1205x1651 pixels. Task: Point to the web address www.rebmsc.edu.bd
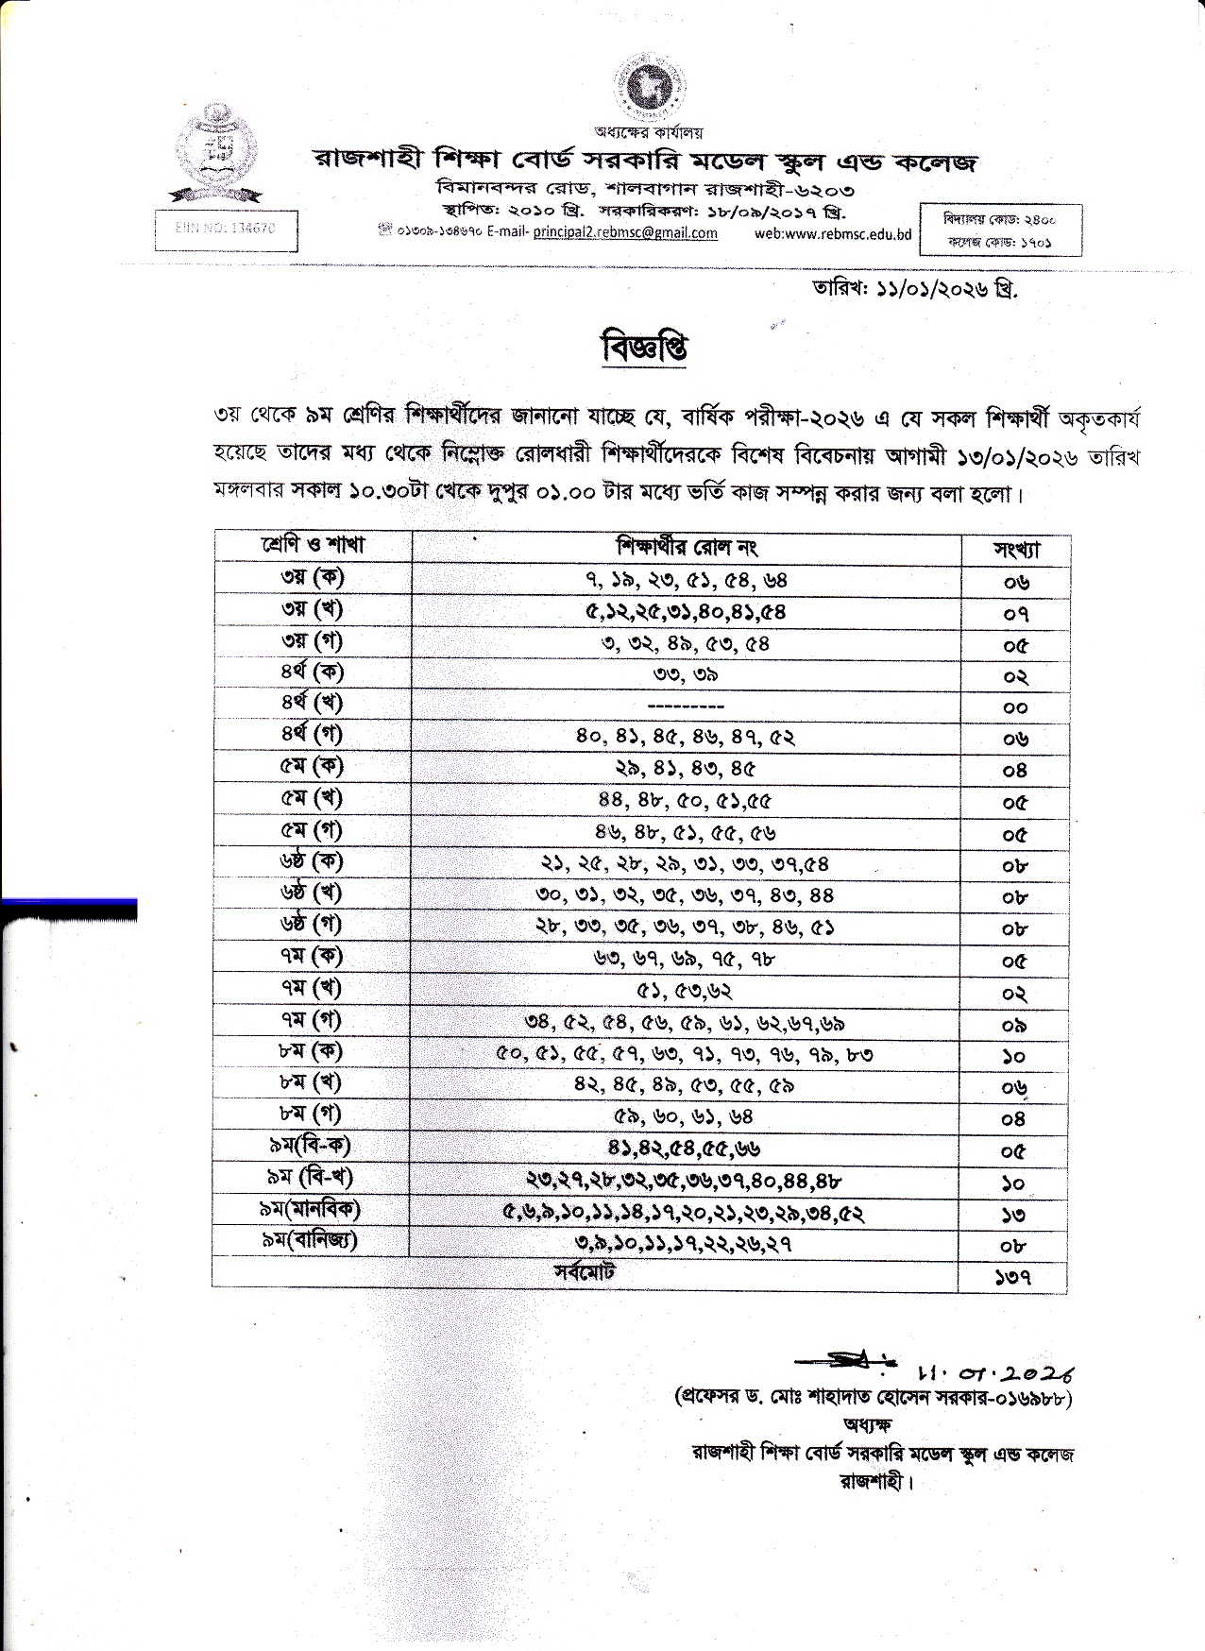tap(833, 233)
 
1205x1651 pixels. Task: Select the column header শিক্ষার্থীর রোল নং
tap(686, 547)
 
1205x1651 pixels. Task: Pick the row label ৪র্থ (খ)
tap(312, 704)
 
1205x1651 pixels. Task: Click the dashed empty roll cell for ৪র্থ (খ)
tap(686, 706)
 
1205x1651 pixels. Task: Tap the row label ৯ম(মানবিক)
tap(312, 1209)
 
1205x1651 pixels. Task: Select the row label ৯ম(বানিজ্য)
tap(312, 1241)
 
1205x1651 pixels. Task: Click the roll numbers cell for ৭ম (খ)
tap(686, 991)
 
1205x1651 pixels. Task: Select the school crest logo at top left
tap(220, 151)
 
